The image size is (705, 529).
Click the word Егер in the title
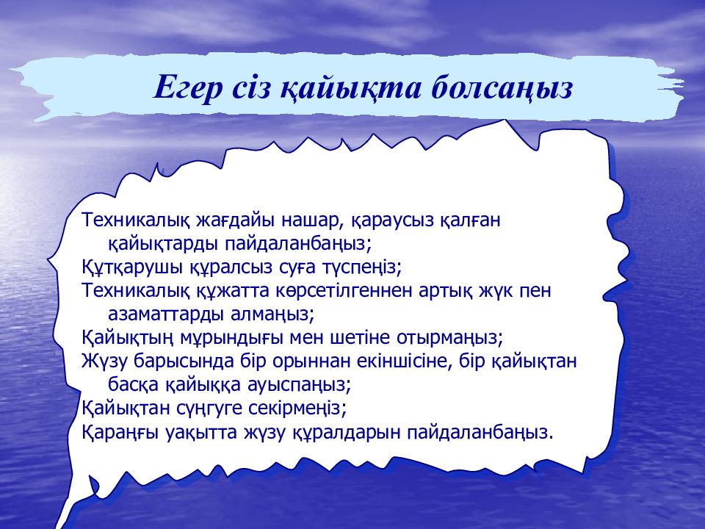point(189,87)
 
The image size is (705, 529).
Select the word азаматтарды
point(166,315)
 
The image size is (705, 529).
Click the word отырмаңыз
point(449,338)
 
